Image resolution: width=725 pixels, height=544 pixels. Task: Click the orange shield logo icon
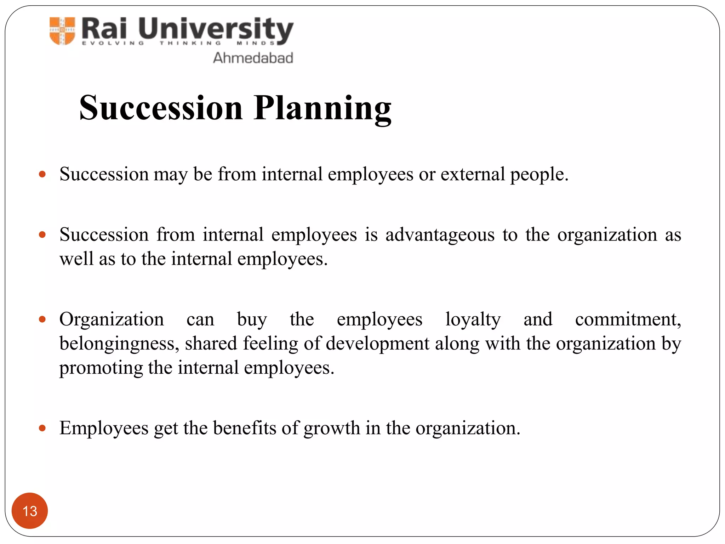click(x=62, y=31)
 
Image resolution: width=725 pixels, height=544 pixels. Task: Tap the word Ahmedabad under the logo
click(x=253, y=58)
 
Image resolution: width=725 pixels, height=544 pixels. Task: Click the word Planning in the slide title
click(x=322, y=108)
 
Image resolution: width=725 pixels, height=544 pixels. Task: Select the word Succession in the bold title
click(x=161, y=108)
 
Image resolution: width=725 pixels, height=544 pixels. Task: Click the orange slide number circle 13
click(x=30, y=511)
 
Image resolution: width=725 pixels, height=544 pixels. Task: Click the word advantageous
click(x=440, y=235)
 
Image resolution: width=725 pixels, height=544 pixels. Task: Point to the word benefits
click(x=245, y=428)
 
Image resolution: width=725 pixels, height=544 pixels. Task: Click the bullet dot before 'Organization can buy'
click(x=42, y=319)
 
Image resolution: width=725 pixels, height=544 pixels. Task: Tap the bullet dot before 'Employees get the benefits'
click(x=42, y=428)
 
